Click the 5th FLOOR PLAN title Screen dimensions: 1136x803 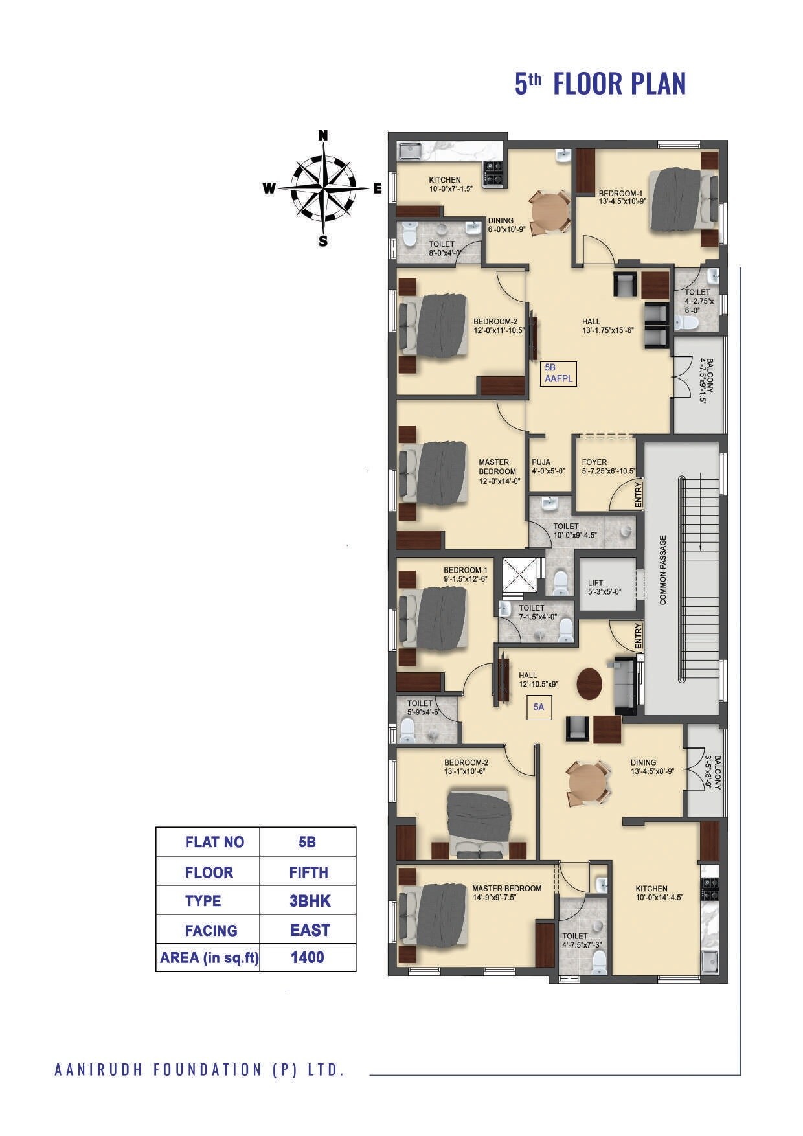(x=600, y=84)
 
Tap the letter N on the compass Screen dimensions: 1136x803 (x=322, y=135)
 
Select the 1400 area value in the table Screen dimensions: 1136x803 (x=308, y=957)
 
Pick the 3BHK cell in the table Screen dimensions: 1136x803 (x=309, y=901)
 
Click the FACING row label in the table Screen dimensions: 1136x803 (x=210, y=931)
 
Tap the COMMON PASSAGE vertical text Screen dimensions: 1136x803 (x=663, y=570)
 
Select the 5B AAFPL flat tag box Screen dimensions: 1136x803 (x=558, y=374)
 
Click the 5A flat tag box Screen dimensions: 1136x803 (x=539, y=708)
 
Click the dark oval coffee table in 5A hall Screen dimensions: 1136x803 (x=589, y=684)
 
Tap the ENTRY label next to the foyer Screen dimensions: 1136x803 (x=639, y=495)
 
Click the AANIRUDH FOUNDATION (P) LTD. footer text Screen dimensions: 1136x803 (x=199, y=1070)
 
